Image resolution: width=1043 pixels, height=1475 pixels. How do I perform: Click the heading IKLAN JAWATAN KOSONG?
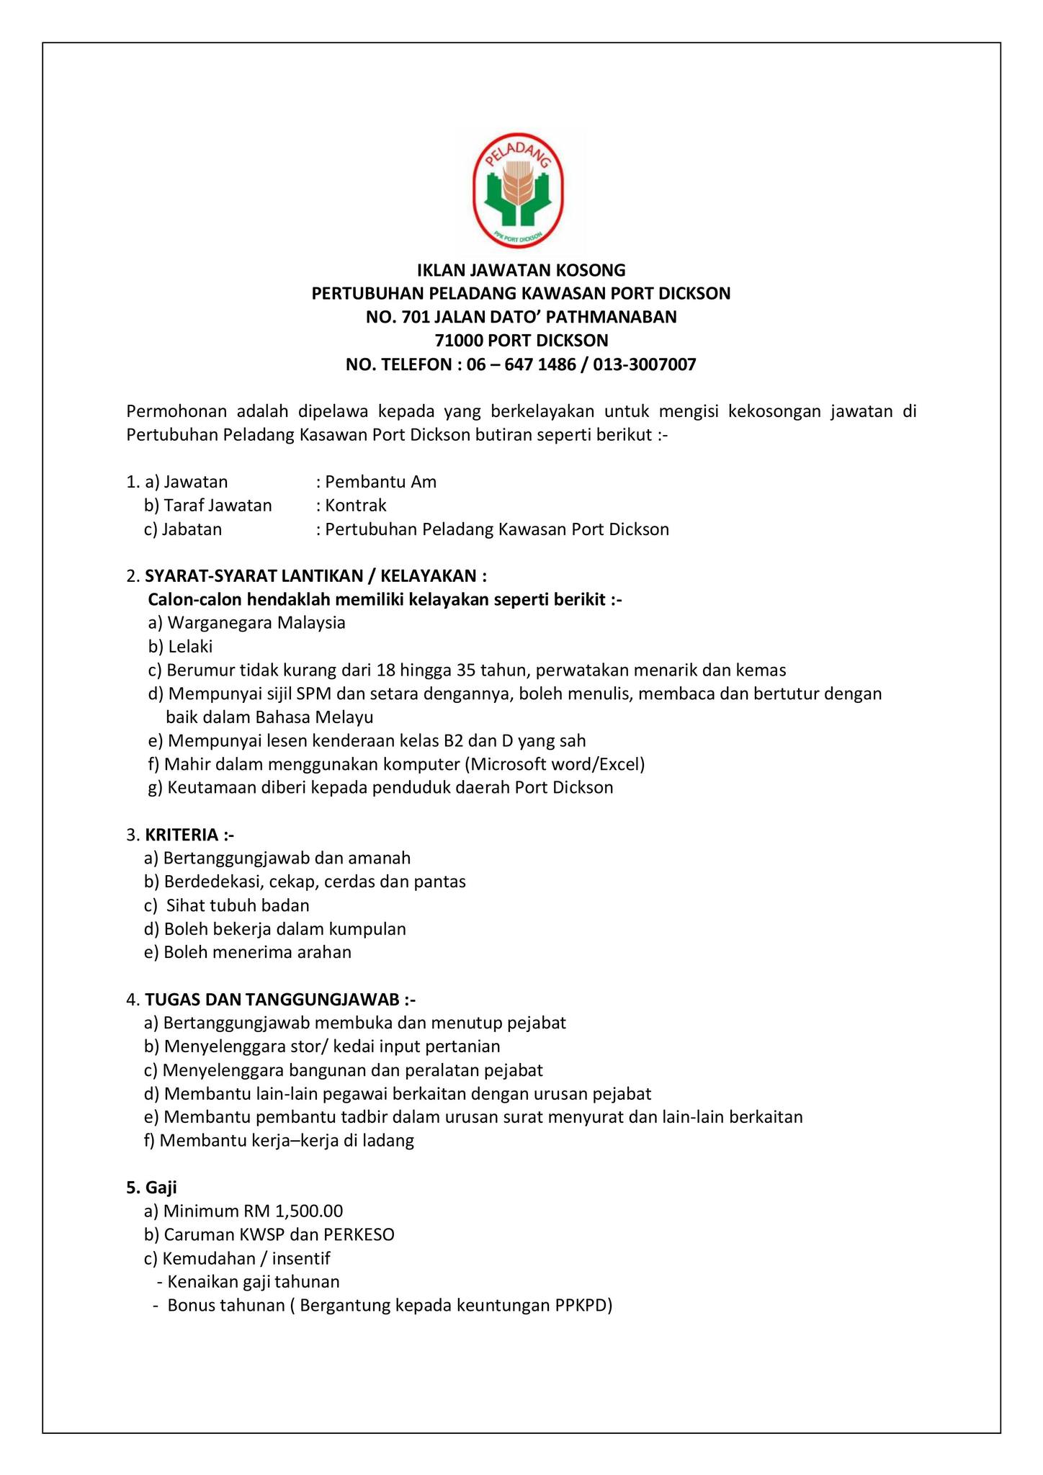coord(521,270)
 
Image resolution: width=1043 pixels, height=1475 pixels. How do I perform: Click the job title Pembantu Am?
coord(380,482)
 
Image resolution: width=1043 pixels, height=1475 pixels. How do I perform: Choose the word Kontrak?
coord(356,506)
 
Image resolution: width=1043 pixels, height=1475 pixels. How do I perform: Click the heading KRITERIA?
coord(182,835)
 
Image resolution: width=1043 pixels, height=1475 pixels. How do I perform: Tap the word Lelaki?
coord(190,647)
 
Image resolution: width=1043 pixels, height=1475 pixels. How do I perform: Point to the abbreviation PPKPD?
coord(580,1306)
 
